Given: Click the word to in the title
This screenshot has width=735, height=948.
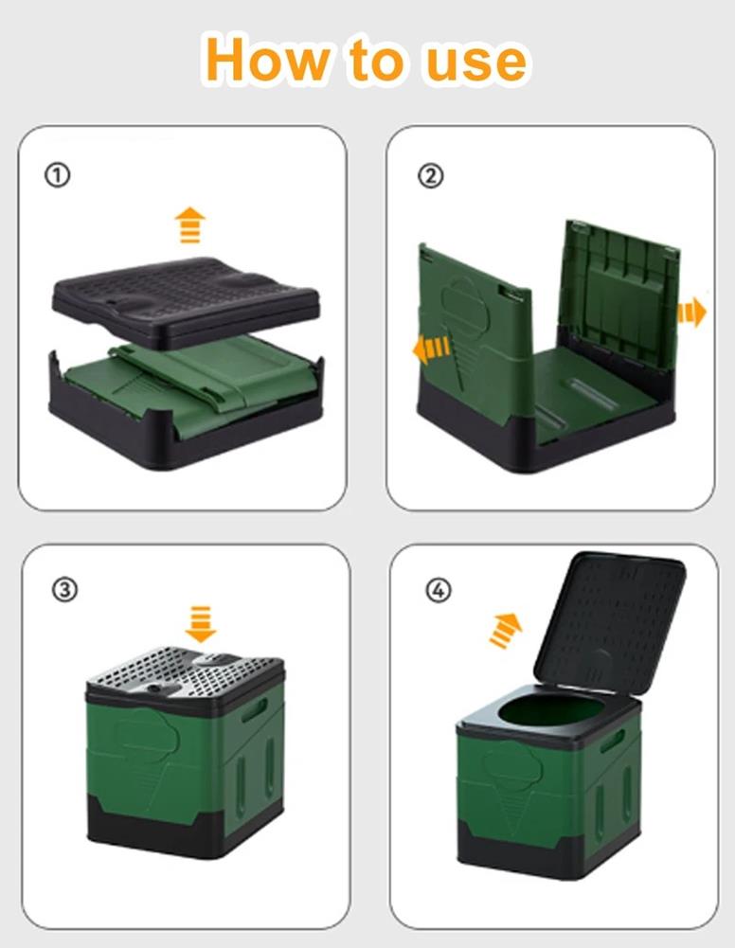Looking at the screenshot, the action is click(375, 61).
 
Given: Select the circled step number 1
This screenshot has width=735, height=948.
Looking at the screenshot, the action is click(58, 175).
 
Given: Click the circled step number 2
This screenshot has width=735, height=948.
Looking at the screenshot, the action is click(430, 175).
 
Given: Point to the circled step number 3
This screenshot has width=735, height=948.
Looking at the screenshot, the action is click(64, 589).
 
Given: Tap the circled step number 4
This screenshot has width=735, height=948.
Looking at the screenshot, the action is click(439, 589).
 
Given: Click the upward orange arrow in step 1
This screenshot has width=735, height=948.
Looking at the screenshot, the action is click(189, 224).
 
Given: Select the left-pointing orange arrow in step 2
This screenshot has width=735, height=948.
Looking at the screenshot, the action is click(431, 349).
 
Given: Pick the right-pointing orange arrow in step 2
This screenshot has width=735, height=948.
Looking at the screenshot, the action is click(691, 312).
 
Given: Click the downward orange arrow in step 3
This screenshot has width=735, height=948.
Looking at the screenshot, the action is click(201, 623).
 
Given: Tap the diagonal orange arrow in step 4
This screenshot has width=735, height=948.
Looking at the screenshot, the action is click(505, 630).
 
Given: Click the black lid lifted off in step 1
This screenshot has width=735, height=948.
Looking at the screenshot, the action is click(186, 300).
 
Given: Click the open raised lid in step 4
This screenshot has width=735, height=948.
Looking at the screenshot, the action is click(609, 623).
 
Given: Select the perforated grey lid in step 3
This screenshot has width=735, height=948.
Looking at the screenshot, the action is click(185, 674).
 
